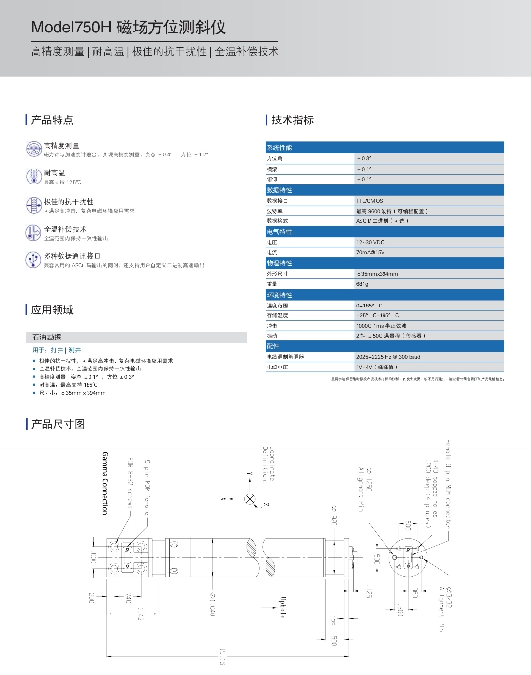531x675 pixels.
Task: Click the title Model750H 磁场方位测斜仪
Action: click(128, 27)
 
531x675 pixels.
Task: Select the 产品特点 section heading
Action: click(52, 120)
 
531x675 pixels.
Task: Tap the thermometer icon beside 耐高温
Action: click(33, 176)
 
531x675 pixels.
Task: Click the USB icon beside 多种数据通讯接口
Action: click(33, 259)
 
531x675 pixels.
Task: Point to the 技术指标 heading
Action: click(293, 120)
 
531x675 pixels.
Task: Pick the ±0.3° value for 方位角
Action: click(364, 159)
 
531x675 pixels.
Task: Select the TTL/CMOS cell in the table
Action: click(370, 201)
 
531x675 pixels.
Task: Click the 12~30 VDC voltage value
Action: click(370, 242)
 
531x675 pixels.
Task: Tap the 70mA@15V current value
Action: click(370, 252)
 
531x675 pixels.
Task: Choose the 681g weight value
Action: click(362, 284)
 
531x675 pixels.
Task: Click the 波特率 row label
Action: click(275, 211)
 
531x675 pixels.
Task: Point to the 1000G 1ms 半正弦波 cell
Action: click(382, 326)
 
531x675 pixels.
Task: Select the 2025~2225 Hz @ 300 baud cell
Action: click(388, 357)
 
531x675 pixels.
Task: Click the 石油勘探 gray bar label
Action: click(47, 337)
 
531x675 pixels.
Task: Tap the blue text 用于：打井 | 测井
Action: click(57, 350)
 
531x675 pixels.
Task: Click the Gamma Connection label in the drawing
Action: click(105, 483)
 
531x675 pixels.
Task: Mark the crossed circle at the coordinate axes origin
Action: click(250, 499)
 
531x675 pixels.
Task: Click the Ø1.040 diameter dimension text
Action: click(212, 604)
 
